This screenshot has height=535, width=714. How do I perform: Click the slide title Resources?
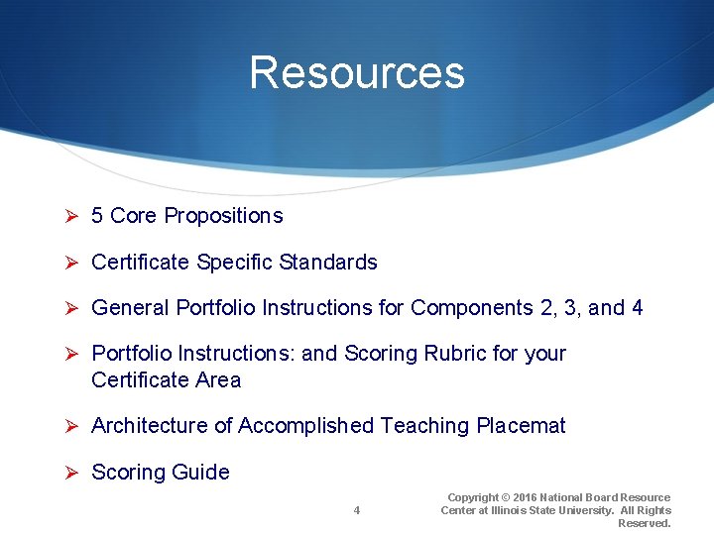click(356, 72)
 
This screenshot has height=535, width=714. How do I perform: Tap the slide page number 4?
click(357, 510)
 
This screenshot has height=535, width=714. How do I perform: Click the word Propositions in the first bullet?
click(223, 216)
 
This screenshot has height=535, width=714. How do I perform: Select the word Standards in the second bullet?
click(328, 263)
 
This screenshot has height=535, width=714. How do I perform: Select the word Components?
click(472, 308)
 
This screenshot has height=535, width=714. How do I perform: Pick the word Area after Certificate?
click(218, 380)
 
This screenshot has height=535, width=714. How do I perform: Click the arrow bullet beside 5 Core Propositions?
click(71, 216)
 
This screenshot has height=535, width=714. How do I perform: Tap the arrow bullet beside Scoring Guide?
click(71, 473)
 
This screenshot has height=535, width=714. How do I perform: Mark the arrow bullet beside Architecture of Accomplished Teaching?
click(71, 426)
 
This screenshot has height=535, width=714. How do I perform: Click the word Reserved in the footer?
click(645, 523)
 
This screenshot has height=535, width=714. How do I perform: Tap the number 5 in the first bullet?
click(97, 216)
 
